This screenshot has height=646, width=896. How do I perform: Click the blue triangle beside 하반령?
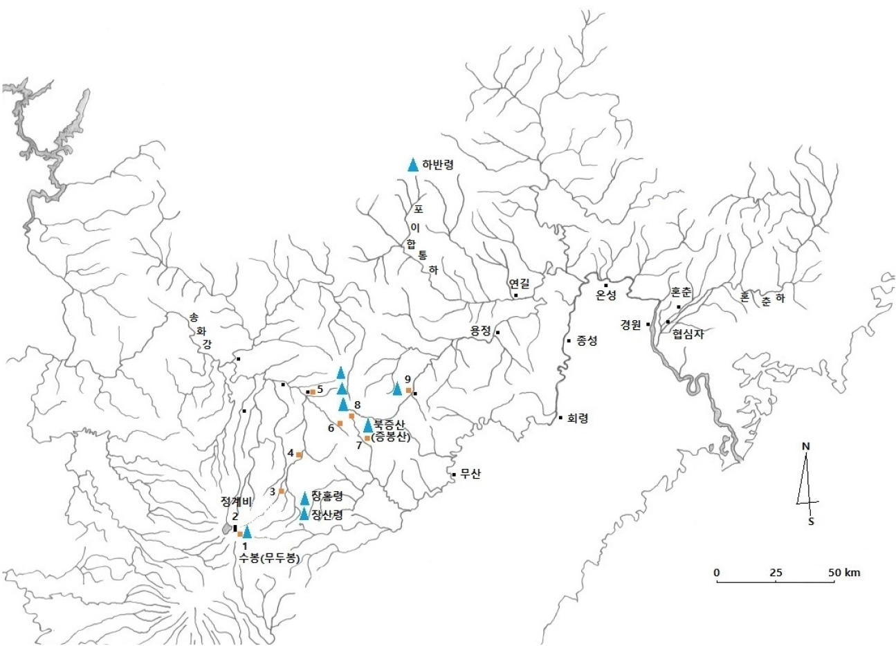(413, 165)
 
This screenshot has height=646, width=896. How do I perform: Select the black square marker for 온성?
(606, 285)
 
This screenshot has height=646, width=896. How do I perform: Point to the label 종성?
(586, 340)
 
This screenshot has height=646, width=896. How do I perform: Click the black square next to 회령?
(560, 418)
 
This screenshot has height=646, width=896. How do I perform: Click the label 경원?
(631, 324)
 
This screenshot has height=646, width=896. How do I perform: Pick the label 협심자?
(687, 333)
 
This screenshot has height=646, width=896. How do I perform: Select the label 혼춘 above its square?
(681, 293)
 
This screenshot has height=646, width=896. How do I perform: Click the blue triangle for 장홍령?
(304, 498)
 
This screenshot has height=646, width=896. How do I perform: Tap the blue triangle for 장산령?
(304, 514)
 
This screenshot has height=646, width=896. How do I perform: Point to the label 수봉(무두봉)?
(269, 559)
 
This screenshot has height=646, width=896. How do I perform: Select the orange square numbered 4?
(299, 455)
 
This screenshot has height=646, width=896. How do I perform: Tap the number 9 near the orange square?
(408, 379)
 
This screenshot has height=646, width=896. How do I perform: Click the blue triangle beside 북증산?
(368, 425)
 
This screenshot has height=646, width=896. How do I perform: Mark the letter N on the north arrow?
(805, 447)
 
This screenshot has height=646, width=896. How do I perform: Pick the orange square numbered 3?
(282, 491)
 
